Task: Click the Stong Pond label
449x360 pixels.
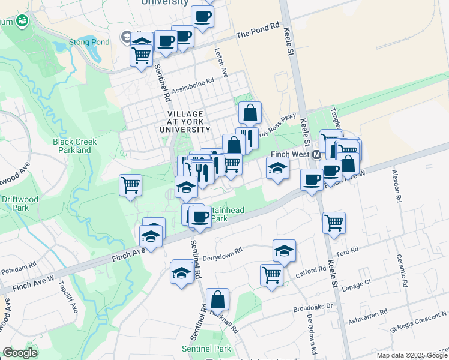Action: [x=93, y=42]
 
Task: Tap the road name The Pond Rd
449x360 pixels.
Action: [x=258, y=31]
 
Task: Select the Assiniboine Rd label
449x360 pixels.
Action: [x=193, y=86]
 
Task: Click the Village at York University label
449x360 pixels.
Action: [x=185, y=121]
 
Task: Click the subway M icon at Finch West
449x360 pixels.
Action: [x=316, y=155]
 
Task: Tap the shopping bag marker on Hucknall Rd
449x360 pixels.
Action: [x=217, y=300]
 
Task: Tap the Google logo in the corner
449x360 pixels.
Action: [x=20, y=353]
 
